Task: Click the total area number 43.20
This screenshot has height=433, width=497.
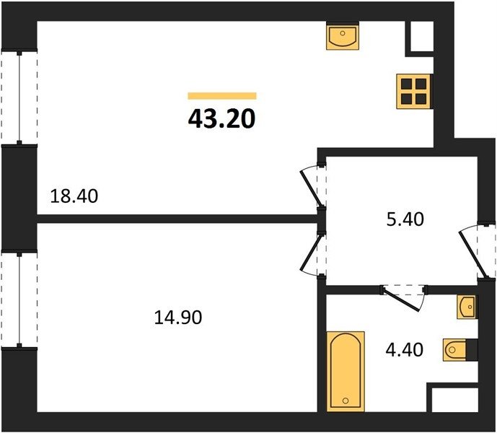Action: click(x=221, y=119)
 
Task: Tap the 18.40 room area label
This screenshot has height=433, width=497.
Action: click(x=74, y=196)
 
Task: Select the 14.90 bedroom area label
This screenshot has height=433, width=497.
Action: click(x=178, y=318)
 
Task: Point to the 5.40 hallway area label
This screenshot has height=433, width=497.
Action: click(x=405, y=219)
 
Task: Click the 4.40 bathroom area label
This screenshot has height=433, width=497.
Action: click(x=404, y=350)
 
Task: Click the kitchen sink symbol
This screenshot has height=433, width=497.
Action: click(x=343, y=36)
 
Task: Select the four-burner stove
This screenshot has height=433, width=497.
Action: click(x=413, y=92)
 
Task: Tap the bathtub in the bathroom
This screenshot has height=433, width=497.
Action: click(x=346, y=372)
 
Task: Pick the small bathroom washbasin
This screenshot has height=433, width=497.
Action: click(x=467, y=307)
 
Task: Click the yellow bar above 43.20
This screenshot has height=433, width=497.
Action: click(x=222, y=96)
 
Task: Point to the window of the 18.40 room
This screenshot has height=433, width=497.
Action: click(x=19, y=97)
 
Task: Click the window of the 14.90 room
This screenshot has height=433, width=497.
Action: click(x=19, y=300)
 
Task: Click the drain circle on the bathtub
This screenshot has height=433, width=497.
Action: click(x=346, y=401)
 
